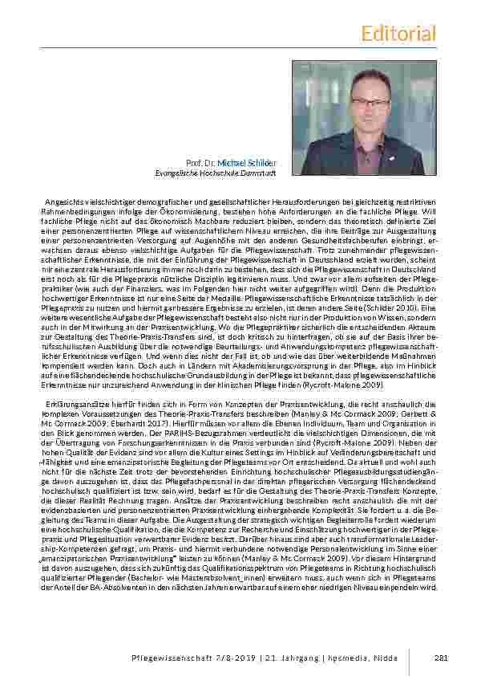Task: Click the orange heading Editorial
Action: [398, 33]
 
